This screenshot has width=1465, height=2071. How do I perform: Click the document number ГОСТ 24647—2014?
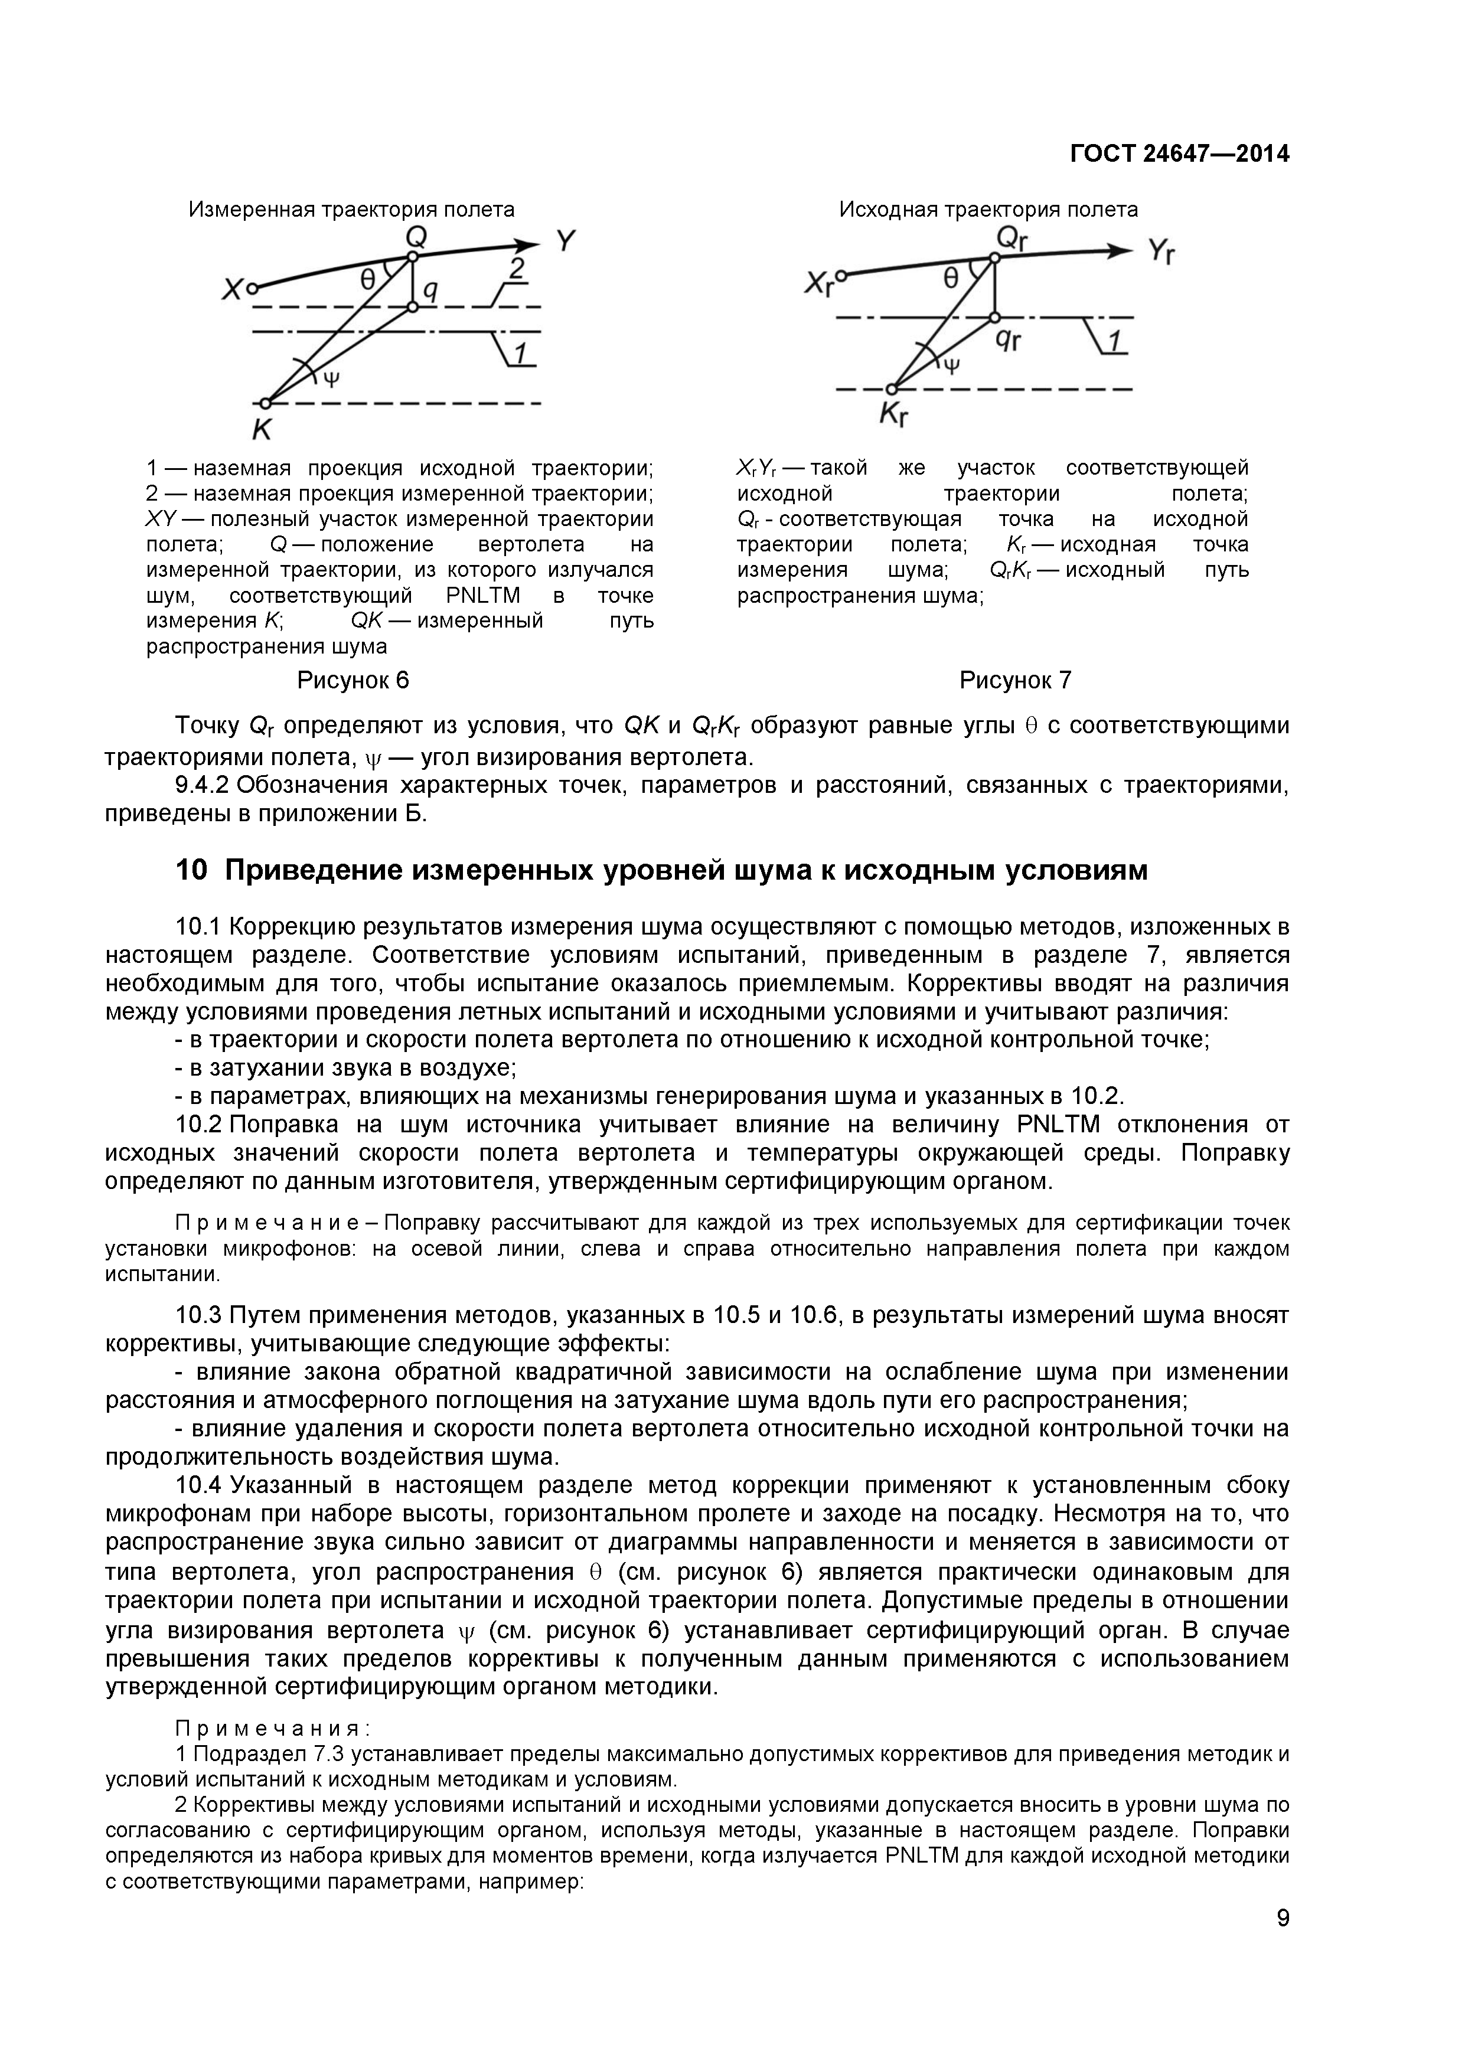coord(1179,154)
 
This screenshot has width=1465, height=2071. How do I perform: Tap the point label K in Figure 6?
coord(262,430)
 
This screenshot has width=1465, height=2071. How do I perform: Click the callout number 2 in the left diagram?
coord(516,268)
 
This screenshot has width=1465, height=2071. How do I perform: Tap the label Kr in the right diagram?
coord(893,416)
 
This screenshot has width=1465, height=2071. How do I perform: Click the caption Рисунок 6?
coord(353,680)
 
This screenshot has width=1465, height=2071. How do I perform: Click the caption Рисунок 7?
coord(1015,680)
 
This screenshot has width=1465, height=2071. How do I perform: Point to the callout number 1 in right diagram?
coord(1115,341)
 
